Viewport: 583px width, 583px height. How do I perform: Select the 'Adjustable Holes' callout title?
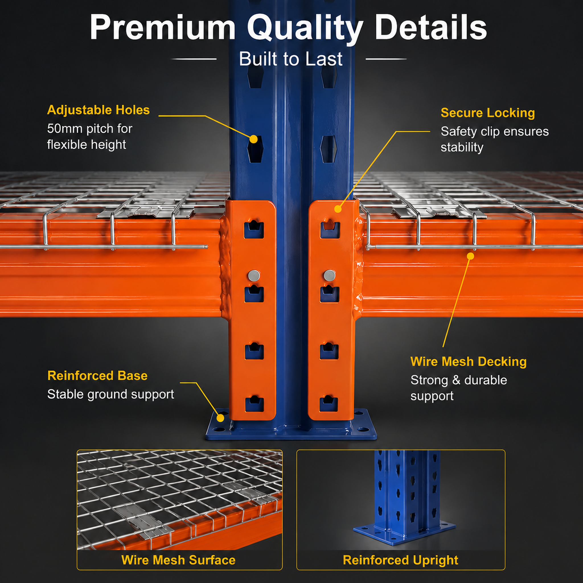(98, 110)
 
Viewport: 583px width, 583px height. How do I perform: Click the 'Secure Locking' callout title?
(488, 113)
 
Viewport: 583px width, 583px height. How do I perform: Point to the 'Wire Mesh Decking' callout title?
(468, 362)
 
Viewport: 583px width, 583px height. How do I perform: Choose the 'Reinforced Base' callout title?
(97, 376)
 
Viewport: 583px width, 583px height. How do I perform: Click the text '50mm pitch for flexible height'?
(90, 137)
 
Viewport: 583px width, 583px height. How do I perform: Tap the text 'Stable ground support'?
(111, 394)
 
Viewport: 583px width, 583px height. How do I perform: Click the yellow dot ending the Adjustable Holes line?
(254, 139)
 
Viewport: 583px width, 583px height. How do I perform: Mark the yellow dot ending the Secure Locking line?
(338, 209)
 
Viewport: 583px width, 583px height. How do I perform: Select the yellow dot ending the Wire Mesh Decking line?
(471, 256)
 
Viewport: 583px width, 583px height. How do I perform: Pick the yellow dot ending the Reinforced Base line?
(221, 418)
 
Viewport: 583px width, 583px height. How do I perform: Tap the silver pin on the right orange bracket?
(329, 276)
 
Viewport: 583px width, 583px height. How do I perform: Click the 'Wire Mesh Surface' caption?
(178, 560)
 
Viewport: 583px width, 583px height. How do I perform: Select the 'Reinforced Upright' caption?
(401, 560)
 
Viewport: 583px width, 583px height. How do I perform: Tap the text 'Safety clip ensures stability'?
(494, 139)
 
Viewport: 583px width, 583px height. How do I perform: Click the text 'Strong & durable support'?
(459, 388)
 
